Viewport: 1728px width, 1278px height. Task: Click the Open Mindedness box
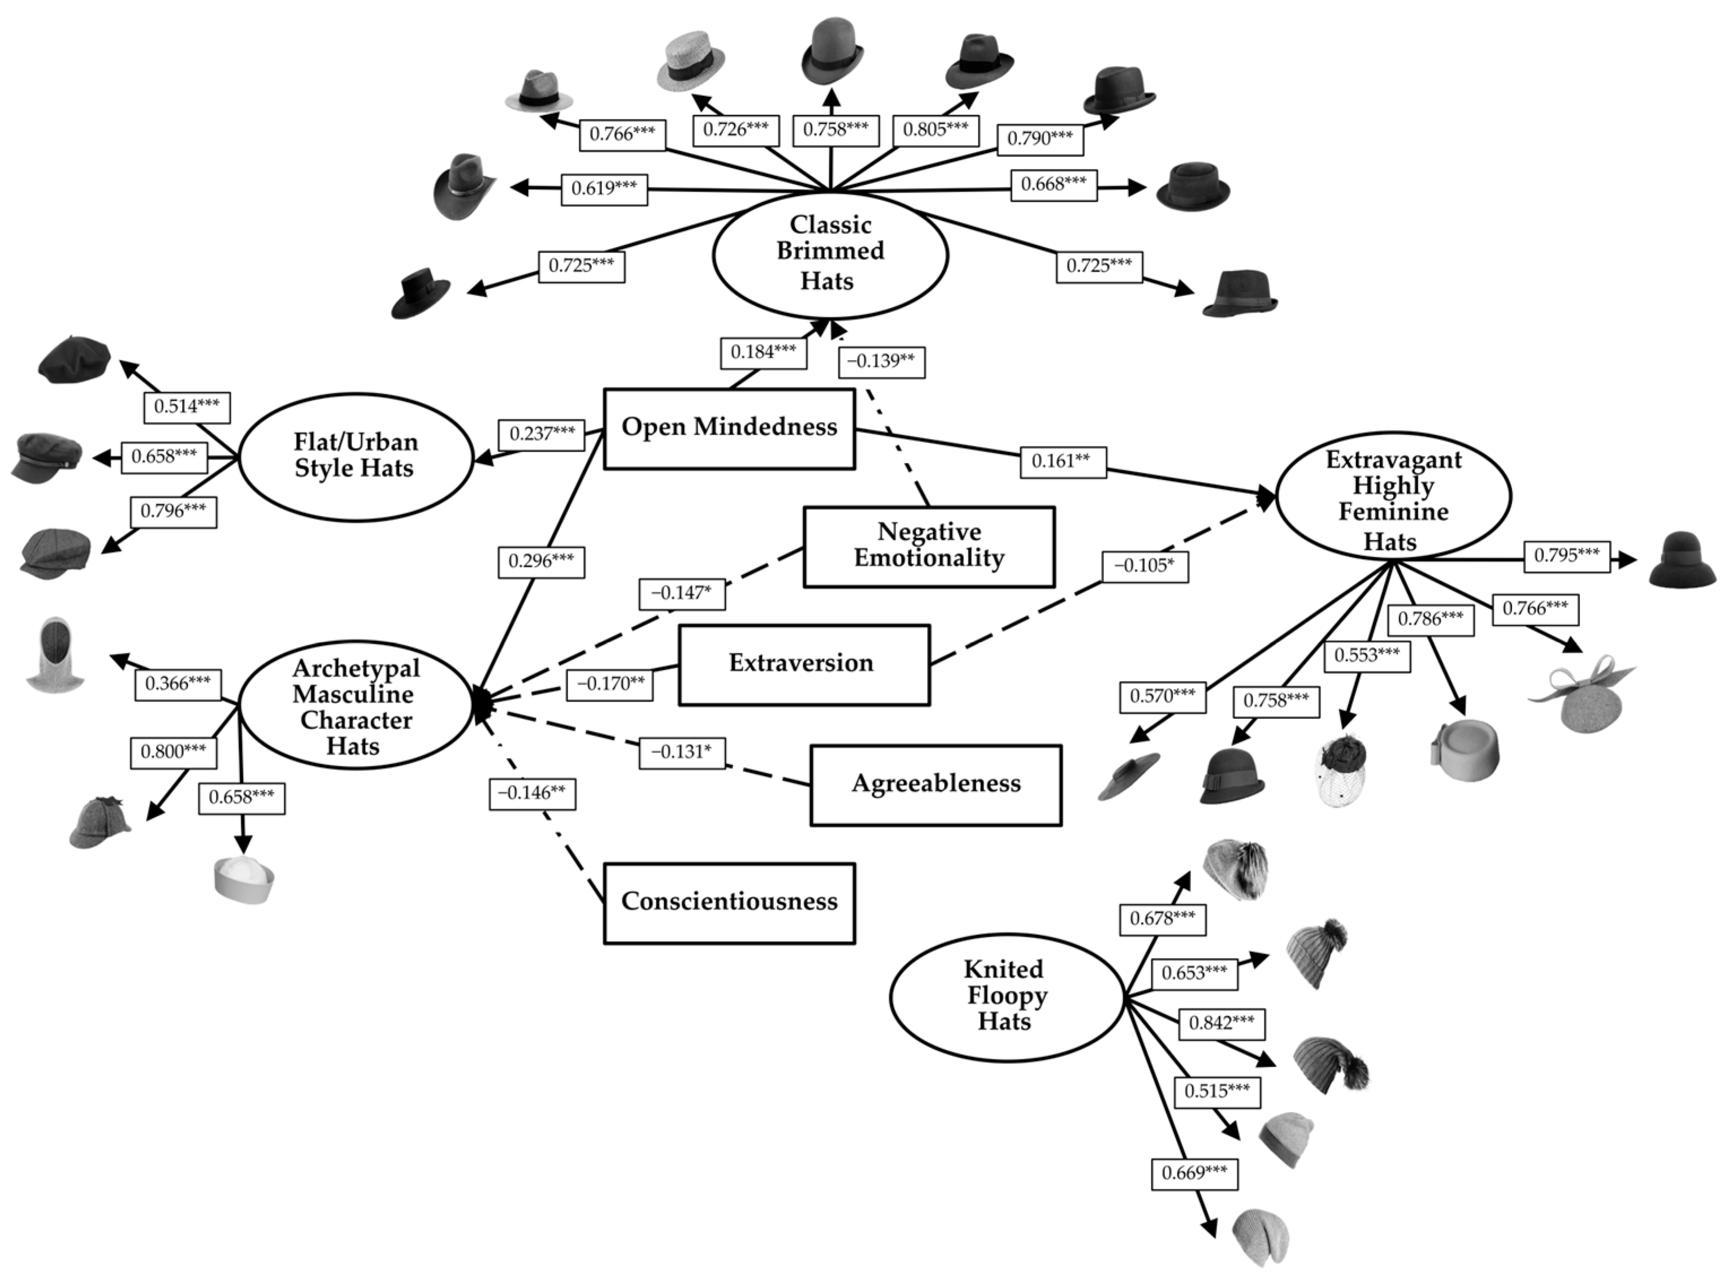729,428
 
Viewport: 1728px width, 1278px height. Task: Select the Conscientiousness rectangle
729,903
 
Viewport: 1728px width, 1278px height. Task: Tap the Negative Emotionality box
928,546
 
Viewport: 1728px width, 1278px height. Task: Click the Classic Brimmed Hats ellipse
829,254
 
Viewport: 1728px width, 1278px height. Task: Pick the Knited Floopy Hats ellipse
1005,997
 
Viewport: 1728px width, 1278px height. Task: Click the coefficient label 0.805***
935,129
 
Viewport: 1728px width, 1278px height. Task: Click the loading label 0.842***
1220,1024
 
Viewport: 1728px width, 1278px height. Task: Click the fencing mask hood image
54,654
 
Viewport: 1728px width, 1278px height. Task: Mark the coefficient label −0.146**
531,794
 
